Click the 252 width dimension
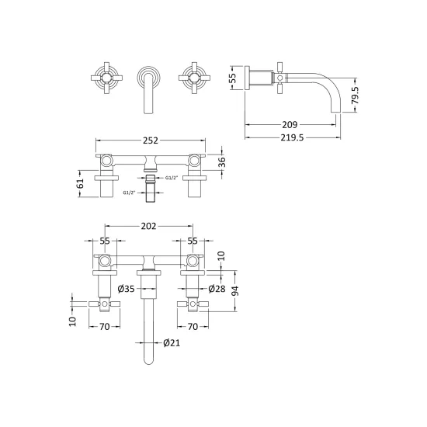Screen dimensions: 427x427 tap(151, 141)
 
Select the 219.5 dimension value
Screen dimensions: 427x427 tap(292, 137)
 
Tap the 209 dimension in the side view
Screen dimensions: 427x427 tap(290, 125)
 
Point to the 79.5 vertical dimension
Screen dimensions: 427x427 tap(355, 95)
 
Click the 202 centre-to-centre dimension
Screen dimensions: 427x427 tap(148, 226)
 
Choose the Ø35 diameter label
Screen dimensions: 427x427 tap(126, 289)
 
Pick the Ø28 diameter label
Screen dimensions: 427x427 tap(217, 289)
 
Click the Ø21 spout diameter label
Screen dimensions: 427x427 tap(172, 342)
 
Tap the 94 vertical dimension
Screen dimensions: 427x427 tap(235, 291)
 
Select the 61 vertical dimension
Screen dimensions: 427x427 tap(81, 183)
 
